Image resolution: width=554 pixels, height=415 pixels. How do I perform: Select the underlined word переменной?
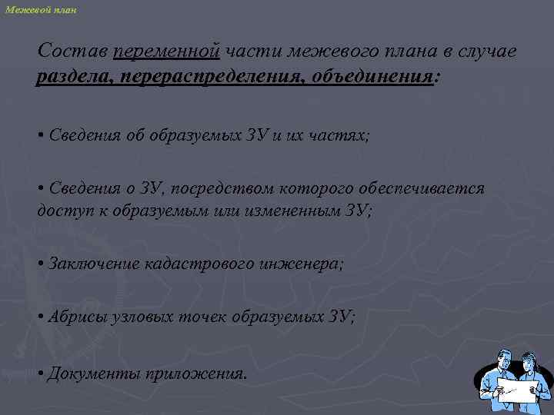point(166,51)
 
